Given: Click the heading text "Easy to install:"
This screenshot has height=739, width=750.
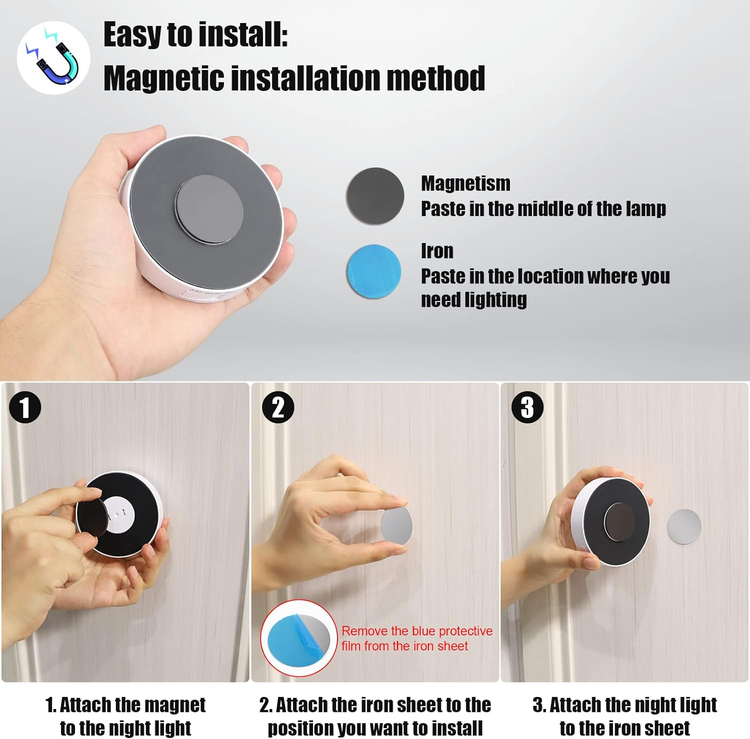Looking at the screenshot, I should click(195, 35).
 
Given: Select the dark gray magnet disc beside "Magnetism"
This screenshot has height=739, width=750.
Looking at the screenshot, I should click(375, 195).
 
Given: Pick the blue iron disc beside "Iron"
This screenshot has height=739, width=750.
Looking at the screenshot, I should click(374, 271).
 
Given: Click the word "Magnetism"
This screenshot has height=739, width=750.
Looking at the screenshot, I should click(465, 183).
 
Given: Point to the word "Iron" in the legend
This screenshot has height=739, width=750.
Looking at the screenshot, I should click(437, 251).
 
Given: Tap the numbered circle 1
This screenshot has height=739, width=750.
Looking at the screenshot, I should click(25, 407).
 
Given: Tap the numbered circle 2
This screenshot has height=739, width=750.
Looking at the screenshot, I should click(278, 407).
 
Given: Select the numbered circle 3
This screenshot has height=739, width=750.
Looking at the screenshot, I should click(527, 407).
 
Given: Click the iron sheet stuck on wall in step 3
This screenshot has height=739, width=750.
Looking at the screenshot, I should click(684, 526).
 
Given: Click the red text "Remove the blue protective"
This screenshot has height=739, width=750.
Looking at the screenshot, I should click(417, 631).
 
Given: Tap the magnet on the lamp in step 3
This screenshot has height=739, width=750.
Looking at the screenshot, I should click(619, 521).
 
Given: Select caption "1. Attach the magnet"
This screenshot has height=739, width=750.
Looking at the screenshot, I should click(125, 705).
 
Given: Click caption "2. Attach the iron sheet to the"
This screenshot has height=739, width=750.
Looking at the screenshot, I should click(375, 705).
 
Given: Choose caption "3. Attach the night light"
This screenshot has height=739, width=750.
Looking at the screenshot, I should click(624, 705).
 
